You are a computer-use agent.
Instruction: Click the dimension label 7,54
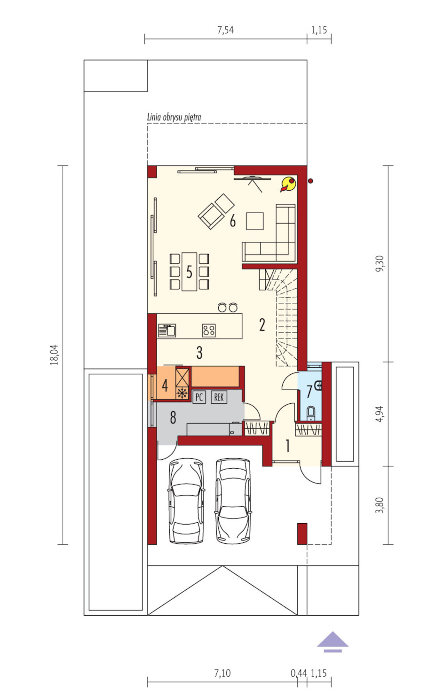coord(225,30)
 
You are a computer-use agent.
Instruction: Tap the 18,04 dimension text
coord(55,355)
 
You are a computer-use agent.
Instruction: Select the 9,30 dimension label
coord(380,264)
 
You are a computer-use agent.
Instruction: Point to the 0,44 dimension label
coord(299,673)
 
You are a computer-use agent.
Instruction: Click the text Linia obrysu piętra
coord(174,117)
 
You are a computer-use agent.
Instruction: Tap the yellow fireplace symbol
coord(289,184)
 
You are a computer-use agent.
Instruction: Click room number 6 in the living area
coord(232,221)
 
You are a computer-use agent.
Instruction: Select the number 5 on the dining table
coord(189,272)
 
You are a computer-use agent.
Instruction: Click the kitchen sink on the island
coord(167,331)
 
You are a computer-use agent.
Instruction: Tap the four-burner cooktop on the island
coord(209,331)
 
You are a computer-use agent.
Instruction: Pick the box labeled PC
coord(199,397)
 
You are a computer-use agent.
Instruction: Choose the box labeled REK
coord(219,397)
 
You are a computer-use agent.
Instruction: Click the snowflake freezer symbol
coord(182,393)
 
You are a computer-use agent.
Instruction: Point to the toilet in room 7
coord(311,413)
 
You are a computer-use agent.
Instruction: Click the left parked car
coord(186,501)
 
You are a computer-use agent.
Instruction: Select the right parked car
coord(233,501)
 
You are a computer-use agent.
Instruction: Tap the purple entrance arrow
coord(333,641)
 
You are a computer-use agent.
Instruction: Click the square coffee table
coord(255,221)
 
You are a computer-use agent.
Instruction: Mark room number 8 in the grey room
coord(173,417)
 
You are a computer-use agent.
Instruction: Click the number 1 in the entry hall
coord(288,446)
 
